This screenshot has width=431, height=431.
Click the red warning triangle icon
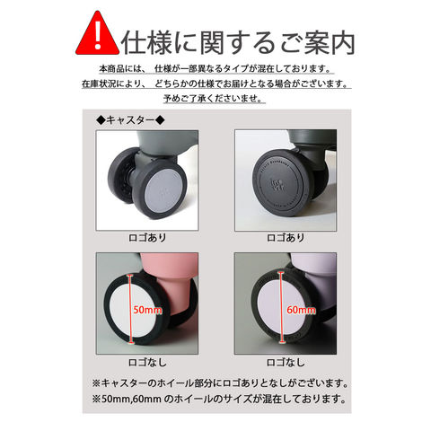pyautogui.click(x=97, y=33)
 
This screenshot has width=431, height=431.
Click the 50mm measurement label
pyautogui.click(x=147, y=310)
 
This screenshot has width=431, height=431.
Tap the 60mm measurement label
pyautogui.click(x=301, y=310)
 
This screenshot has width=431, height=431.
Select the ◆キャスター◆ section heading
pyautogui.click(x=130, y=120)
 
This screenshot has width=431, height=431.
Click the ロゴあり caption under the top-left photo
pyautogui.click(x=147, y=238)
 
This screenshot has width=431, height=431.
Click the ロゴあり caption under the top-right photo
pyautogui.click(x=286, y=238)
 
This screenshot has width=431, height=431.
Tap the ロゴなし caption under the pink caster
pyautogui.click(x=147, y=363)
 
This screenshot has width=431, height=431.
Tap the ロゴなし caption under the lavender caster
pyautogui.click(x=286, y=363)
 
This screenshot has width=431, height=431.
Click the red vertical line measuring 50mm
pyautogui.click(x=130, y=309)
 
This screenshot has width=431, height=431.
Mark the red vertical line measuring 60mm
pyautogui.click(x=281, y=308)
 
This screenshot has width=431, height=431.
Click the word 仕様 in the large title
pyautogui.click(x=146, y=43)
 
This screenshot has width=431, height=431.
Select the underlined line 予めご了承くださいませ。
pyautogui.click(x=214, y=99)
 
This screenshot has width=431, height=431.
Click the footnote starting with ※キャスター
pyautogui.click(x=220, y=383)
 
